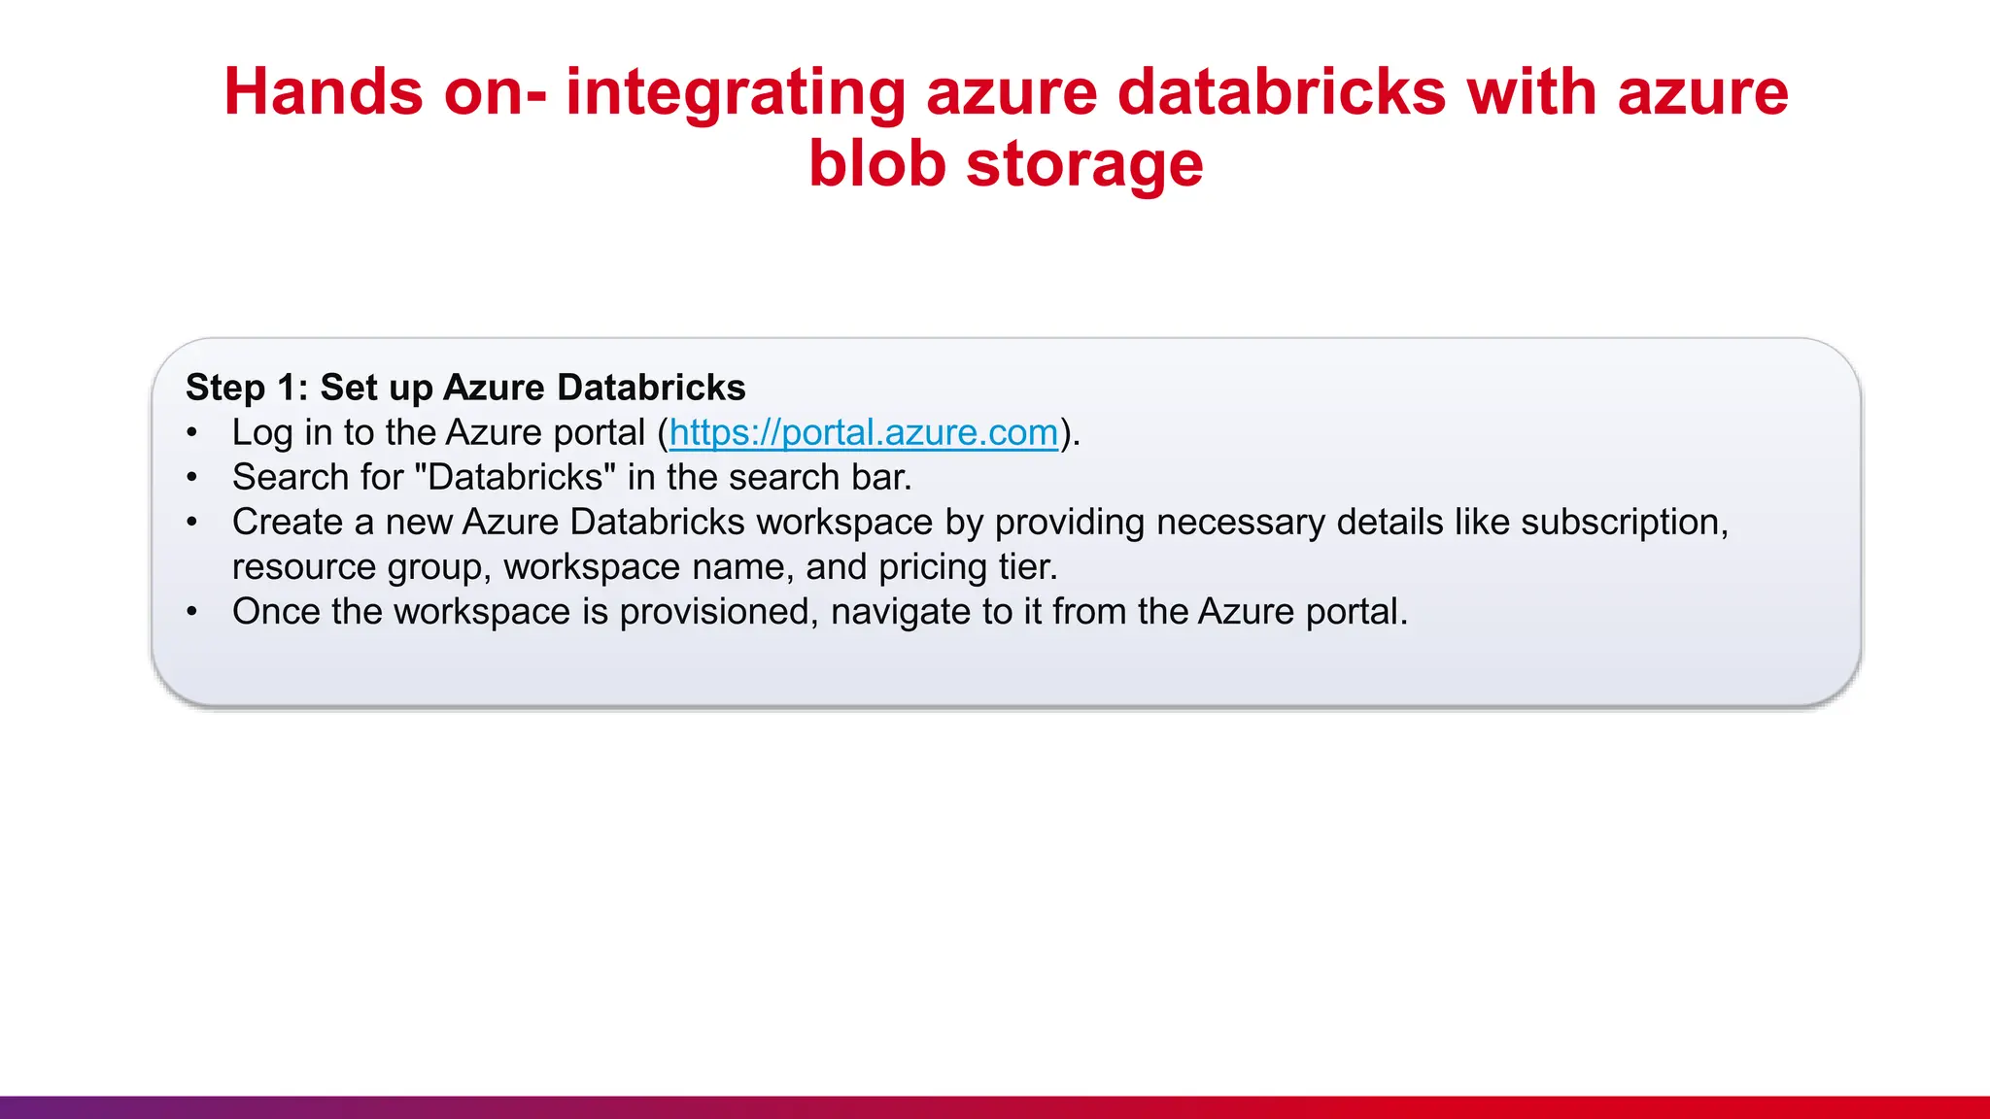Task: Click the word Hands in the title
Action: click(324, 93)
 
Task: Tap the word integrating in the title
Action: click(735, 93)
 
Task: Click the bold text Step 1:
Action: click(247, 388)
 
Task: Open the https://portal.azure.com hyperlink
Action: click(863, 432)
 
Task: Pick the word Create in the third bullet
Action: click(287, 522)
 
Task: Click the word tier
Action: click(1027, 566)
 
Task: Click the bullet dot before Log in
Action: click(192, 433)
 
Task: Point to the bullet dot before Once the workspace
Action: click(192, 612)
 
